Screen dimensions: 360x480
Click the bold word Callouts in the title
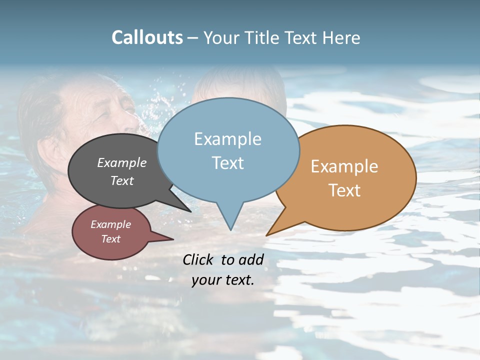coord(147,37)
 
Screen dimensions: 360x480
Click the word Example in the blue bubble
coord(227,139)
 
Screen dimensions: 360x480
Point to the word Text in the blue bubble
coord(227,163)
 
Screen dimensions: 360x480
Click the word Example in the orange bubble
coord(344,166)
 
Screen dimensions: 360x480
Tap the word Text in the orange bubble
coord(344,190)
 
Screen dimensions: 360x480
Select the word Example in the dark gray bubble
coord(122,163)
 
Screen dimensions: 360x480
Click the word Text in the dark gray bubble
coord(122,180)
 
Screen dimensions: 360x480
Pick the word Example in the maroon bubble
coord(110,224)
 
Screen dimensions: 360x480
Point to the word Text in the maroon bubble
coord(110,239)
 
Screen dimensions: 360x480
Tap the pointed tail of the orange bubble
coord(270,232)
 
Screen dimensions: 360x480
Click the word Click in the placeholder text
coord(198,259)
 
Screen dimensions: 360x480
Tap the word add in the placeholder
coord(251,259)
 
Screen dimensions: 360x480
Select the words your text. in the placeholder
coord(222,280)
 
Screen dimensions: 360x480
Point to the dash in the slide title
coord(193,37)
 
